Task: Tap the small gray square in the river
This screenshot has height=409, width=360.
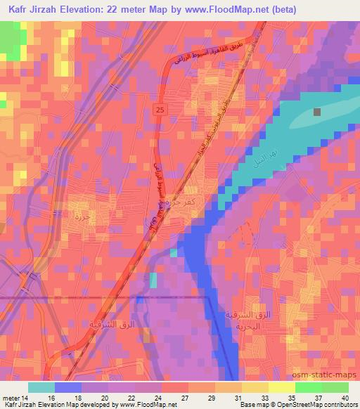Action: click(x=318, y=112)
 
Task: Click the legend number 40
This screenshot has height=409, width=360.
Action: click(x=344, y=397)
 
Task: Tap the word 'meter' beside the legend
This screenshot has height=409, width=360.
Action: click(x=10, y=397)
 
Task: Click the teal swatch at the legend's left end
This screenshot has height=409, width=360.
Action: click(x=41, y=387)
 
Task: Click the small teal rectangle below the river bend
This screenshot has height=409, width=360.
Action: click(x=153, y=279)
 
